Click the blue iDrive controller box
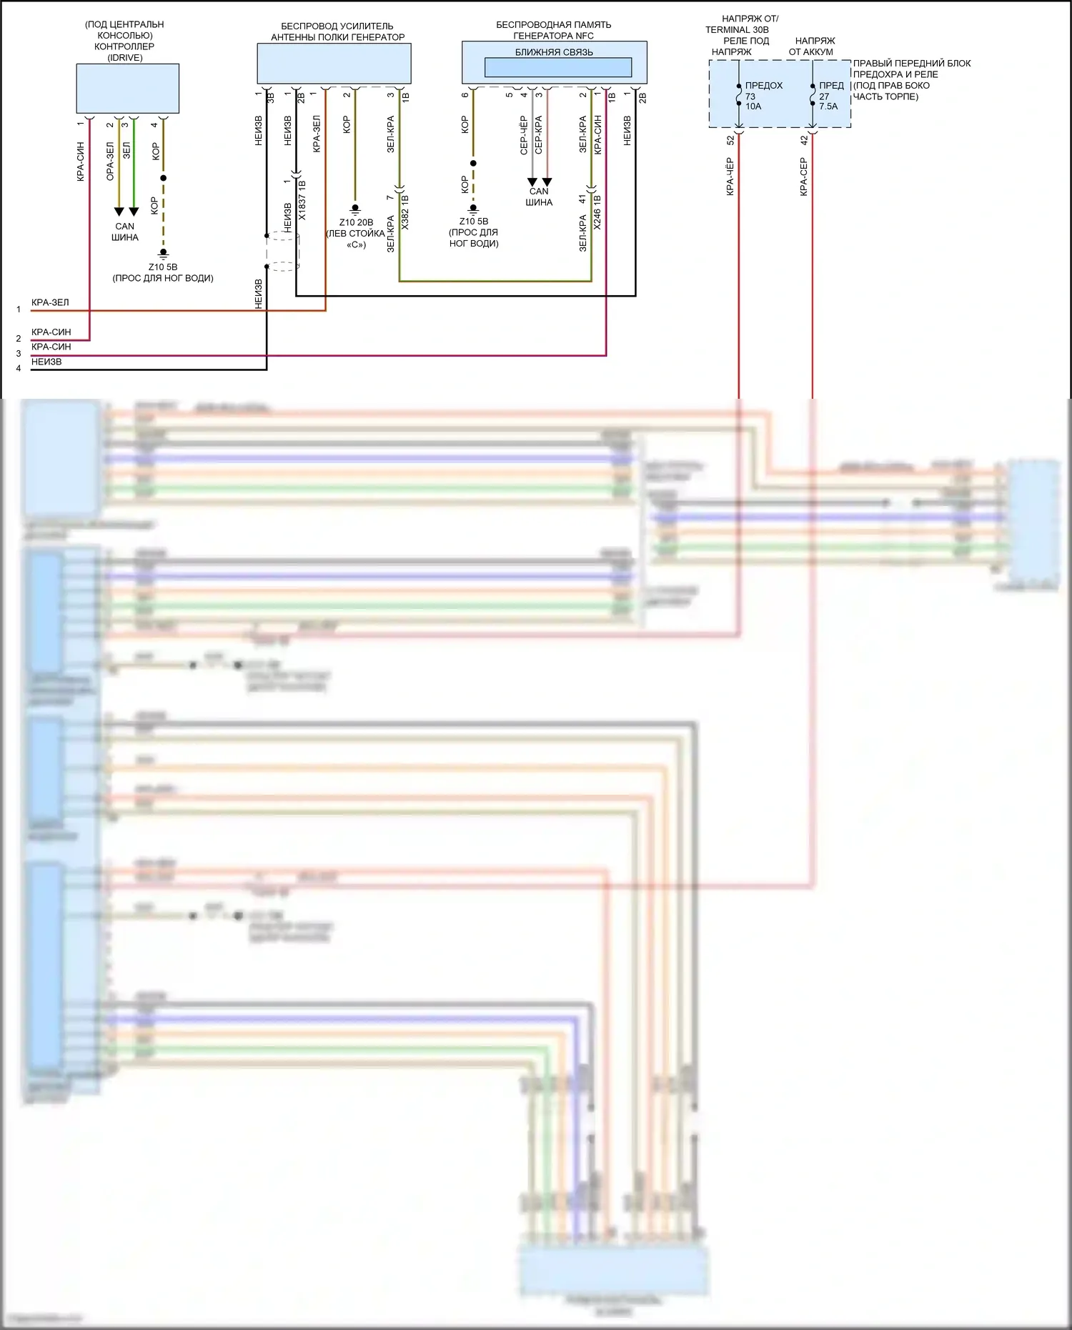(127, 88)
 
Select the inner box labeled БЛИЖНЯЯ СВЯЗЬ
(557, 66)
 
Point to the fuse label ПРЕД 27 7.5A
(830, 96)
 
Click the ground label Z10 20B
(356, 222)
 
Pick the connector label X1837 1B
(302, 199)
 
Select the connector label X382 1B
(405, 212)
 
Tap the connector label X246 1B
(597, 212)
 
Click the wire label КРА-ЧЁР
(730, 177)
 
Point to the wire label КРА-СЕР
(804, 177)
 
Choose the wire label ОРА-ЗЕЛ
(110, 161)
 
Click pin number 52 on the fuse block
(730, 141)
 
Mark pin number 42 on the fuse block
(804, 141)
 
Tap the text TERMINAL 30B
(737, 30)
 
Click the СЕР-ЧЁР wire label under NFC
(524, 135)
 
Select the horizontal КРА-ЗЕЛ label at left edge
(50, 302)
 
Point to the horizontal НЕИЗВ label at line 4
(46, 362)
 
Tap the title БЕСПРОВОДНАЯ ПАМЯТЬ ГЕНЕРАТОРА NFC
(554, 30)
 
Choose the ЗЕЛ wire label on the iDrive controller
(126, 150)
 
